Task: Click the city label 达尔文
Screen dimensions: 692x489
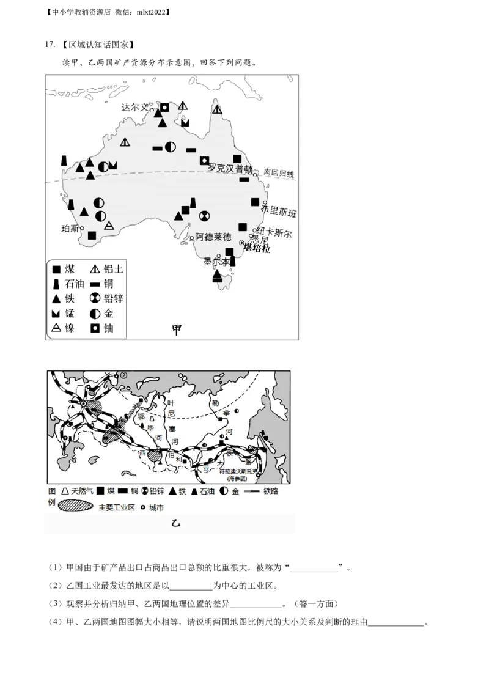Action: pos(135,106)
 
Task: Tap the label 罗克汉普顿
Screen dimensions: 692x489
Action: pos(230,168)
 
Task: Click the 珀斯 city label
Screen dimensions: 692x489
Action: pos(71,229)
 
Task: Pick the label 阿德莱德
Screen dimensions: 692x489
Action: pos(213,237)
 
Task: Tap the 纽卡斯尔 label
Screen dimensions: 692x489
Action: pos(274,233)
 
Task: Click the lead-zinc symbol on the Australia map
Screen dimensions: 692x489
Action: pos(205,215)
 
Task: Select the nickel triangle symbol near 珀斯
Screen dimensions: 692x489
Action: pos(109,225)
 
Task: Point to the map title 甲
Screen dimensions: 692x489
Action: pos(177,329)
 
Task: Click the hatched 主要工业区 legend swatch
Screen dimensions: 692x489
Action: pos(76,507)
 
